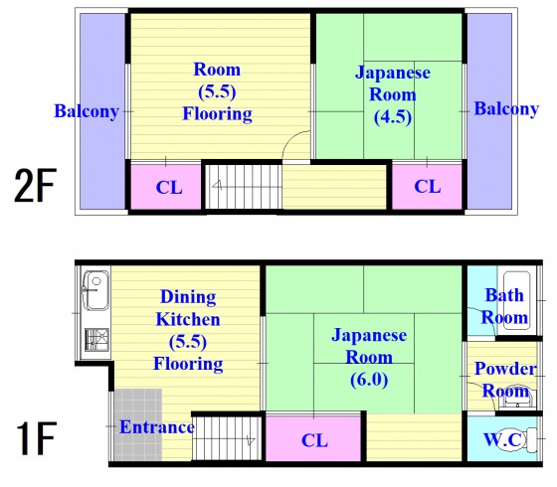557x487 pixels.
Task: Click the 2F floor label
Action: point(35,185)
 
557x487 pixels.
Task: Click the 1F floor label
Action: point(36,438)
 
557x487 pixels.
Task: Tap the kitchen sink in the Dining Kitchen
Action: point(95,290)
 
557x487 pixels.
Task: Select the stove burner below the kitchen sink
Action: point(96,340)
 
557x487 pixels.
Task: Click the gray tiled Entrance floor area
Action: point(138,424)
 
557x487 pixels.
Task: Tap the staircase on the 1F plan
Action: point(227,438)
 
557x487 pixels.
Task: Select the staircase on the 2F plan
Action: point(244,187)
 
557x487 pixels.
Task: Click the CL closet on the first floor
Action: point(313,438)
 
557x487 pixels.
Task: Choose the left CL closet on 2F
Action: point(166,187)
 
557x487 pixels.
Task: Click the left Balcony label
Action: point(87,111)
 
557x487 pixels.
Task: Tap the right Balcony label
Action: point(506,109)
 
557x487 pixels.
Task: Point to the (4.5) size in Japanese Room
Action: point(393,117)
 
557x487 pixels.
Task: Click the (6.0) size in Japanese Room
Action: point(369,380)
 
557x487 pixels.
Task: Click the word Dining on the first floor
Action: point(188,297)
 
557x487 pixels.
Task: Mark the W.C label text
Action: point(503,439)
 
